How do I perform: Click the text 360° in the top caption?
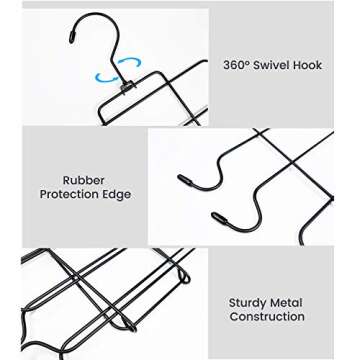236,65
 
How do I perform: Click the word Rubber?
85,181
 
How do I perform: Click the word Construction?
266,317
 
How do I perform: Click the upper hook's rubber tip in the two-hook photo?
185,181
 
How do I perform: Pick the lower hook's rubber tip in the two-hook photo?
218,213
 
